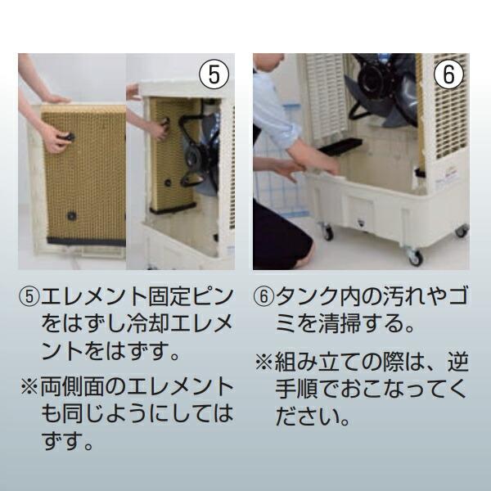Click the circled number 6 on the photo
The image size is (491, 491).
(x=448, y=74)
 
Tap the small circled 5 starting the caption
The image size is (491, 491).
(x=28, y=296)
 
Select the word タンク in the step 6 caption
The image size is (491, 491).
(x=308, y=296)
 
